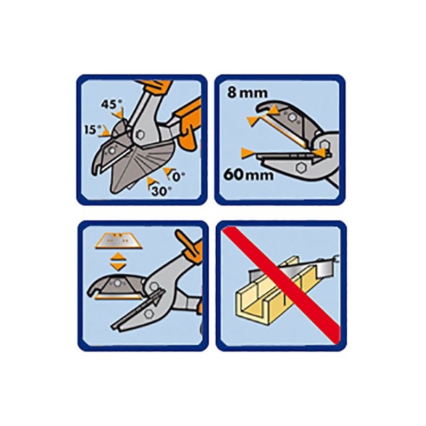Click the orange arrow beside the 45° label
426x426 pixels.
tap(120, 114)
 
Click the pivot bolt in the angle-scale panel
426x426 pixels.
tap(141, 135)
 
